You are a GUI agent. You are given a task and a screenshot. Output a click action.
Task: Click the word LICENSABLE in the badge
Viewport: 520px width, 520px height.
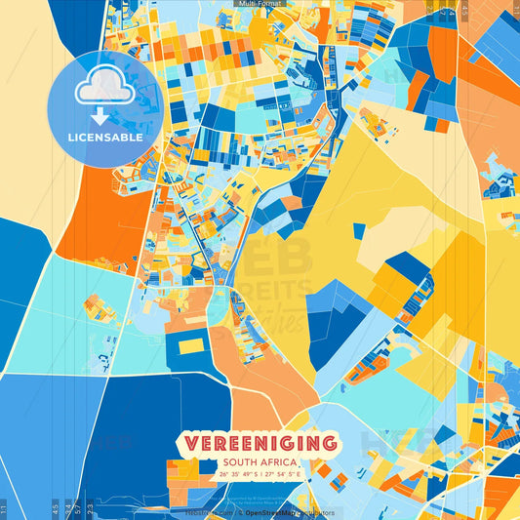pos(106,138)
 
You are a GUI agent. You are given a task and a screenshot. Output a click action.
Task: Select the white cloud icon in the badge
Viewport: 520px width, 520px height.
pos(105,90)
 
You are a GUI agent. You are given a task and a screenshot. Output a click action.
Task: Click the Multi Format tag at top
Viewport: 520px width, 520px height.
pos(260,4)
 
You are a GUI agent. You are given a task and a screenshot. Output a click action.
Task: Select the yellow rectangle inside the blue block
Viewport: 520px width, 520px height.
pos(191,345)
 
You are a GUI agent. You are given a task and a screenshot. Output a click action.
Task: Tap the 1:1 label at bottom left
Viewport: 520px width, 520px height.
pos(4,509)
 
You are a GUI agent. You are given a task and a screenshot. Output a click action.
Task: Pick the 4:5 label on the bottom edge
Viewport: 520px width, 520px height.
pos(55,509)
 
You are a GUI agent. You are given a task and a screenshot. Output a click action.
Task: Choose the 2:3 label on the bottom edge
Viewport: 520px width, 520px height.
pos(90,509)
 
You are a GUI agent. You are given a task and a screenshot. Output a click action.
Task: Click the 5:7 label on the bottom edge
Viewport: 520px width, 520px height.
pos(77,509)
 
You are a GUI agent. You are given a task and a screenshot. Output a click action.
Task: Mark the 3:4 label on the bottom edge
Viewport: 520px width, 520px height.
pos(66,509)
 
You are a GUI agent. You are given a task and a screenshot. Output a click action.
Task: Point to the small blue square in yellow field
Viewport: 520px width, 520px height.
pos(359,231)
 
